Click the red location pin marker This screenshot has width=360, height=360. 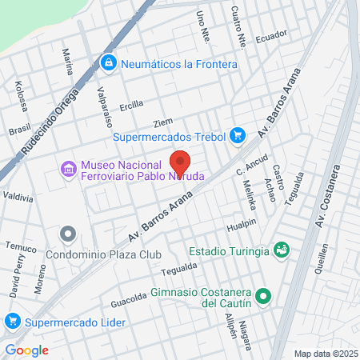point(180,160)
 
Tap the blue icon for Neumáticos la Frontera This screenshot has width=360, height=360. point(107,62)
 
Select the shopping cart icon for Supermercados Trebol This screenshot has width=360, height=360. point(237,136)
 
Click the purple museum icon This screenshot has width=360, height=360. point(68,170)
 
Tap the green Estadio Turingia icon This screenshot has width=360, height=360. point(281,251)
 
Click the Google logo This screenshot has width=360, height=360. point(26,350)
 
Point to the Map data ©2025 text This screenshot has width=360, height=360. point(324,353)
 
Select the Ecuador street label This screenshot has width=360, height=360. point(270,38)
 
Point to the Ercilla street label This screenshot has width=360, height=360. point(131,104)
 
